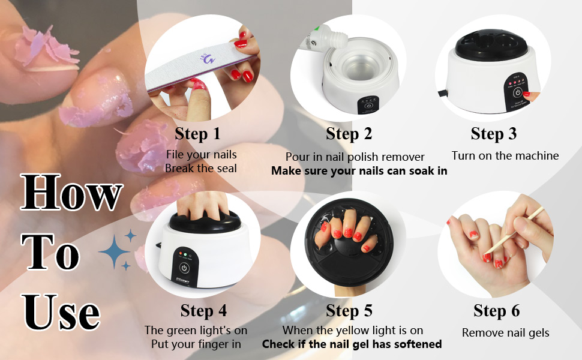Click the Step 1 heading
pos(197,134)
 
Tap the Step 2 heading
pos(349,134)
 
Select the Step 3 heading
pos(494,134)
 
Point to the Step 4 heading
pos(203,311)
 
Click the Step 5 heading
pos(349,311)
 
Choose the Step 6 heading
pos(496,311)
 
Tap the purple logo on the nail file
pos(208,58)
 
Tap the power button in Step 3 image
pos(517,92)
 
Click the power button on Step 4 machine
pos(184,268)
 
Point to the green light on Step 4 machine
pos(185,254)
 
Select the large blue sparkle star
pos(114,251)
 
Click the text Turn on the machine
pos(505,155)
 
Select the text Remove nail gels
pos(506,333)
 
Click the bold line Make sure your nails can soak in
pos(359,171)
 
